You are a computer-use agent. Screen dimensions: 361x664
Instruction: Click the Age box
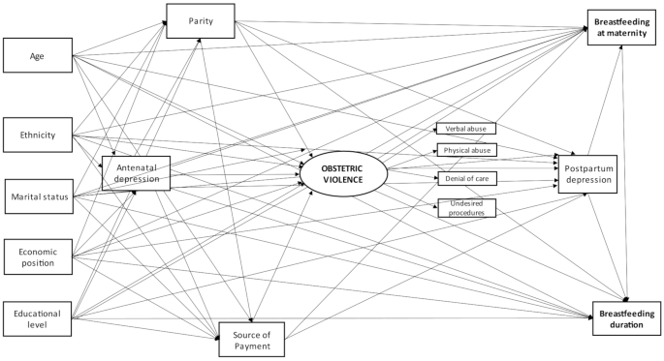point(38,55)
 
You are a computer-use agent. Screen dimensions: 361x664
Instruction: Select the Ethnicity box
point(38,135)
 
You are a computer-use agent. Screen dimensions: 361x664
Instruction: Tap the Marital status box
point(38,195)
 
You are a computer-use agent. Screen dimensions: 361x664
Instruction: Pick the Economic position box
point(38,255)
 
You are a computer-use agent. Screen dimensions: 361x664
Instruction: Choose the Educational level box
point(38,319)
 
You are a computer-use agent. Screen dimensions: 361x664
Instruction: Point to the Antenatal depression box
point(137,173)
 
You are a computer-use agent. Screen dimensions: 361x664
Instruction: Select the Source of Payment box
point(251,340)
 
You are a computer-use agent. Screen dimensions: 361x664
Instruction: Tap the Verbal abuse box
point(467,128)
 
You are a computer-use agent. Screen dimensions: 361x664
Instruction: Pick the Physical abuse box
point(467,150)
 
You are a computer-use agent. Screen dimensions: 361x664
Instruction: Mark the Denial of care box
point(467,179)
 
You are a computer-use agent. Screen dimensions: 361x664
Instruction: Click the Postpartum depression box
point(585,172)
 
